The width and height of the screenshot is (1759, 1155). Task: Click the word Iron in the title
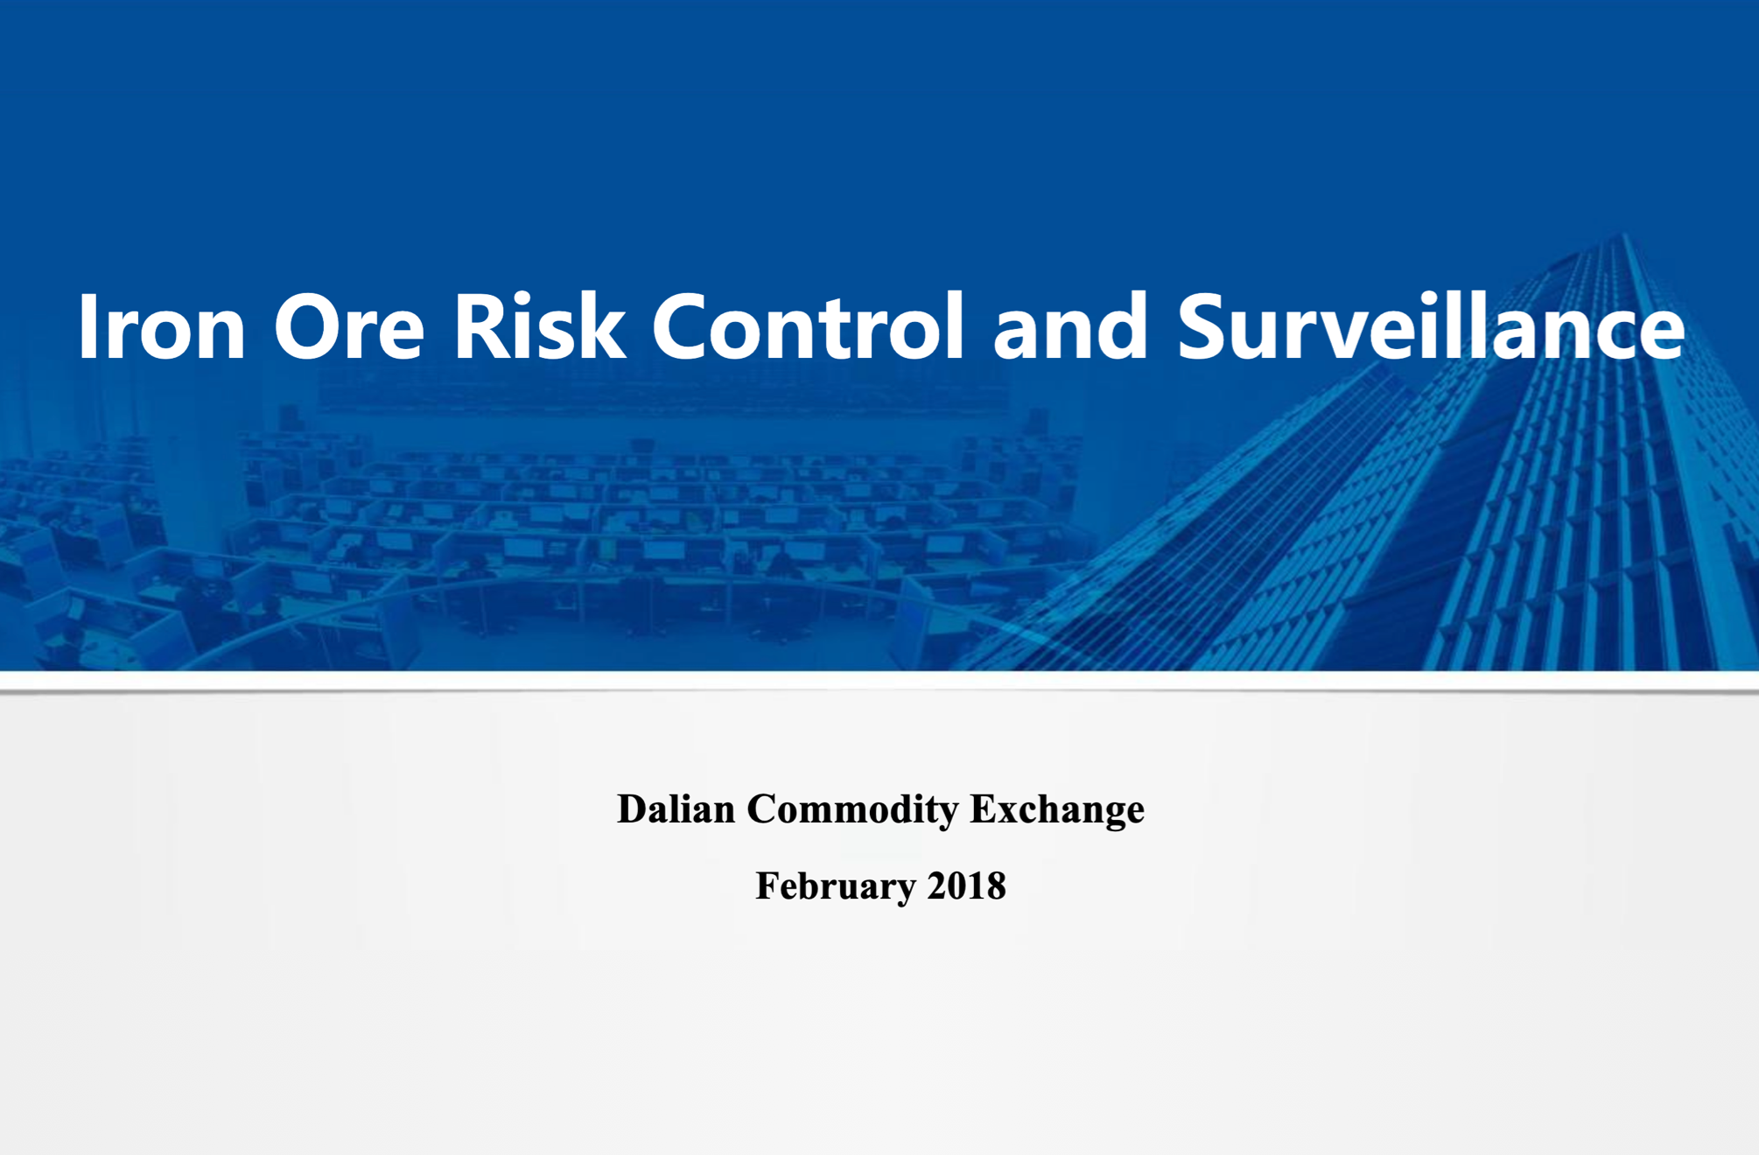[162, 326]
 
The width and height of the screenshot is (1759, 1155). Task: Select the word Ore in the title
[349, 326]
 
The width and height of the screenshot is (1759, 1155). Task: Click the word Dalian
[676, 808]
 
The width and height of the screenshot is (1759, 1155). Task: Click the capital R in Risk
[482, 325]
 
